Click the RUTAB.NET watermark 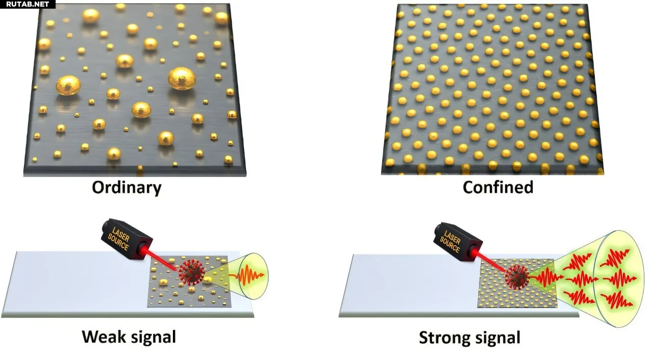[x=28, y=4]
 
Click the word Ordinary [x=127, y=188]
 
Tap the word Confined [x=498, y=187]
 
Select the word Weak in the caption [x=104, y=337]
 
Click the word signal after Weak [x=153, y=338]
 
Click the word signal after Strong [x=498, y=338]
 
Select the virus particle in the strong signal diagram [x=517, y=277]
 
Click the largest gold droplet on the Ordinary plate [x=182, y=79]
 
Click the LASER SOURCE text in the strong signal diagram [x=451, y=242]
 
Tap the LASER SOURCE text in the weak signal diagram [x=119, y=239]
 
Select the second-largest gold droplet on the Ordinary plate [x=68, y=85]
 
